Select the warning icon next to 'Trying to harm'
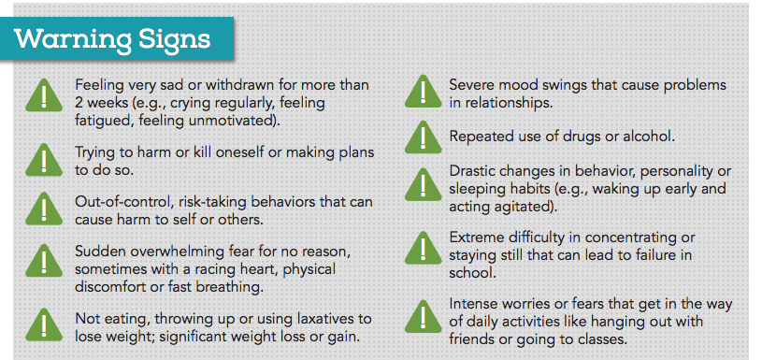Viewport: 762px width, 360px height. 44,159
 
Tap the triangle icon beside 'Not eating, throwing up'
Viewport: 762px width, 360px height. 44,324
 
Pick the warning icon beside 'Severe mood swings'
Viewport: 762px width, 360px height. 424,92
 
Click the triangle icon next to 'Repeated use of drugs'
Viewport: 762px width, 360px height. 424,137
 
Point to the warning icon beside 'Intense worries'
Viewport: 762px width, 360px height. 424,316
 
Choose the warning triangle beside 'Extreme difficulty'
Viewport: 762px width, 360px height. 424,248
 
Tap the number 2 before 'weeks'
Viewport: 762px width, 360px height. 79,103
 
